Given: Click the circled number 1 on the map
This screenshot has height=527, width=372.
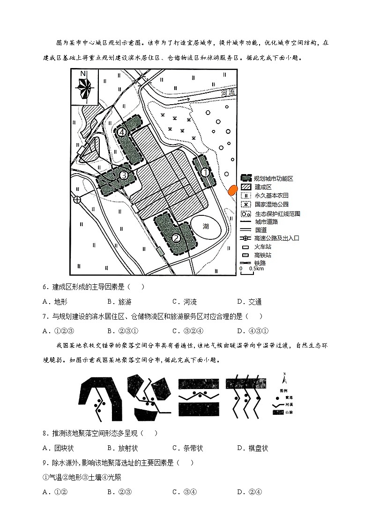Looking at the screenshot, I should click(205, 172).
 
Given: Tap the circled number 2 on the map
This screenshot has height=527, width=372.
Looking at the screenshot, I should click(176, 238).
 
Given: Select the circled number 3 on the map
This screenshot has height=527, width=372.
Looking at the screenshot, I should click(124, 176).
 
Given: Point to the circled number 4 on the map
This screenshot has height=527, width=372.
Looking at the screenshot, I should click(122, 132).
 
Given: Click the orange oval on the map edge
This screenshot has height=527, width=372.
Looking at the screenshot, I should click(231, 190).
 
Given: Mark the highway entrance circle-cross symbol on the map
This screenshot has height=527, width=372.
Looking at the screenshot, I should click(77, 199).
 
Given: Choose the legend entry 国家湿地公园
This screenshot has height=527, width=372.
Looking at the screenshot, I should click(271, 204).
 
